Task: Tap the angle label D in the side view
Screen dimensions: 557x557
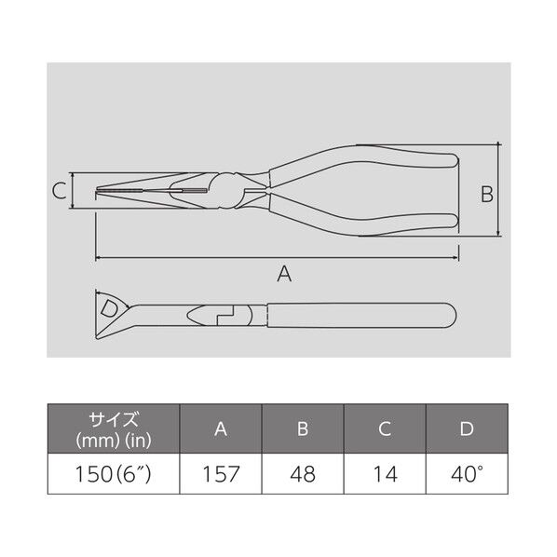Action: coord(109,308)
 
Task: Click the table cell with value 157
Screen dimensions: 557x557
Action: coord(221,474)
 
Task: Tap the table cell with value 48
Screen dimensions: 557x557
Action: coord(304,474)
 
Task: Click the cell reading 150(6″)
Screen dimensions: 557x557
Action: coord(113,474)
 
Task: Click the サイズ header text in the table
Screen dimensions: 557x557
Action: coord(113,419)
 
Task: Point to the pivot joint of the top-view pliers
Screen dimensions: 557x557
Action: coord(227,192)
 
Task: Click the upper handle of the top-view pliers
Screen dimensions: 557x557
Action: coord(373,159)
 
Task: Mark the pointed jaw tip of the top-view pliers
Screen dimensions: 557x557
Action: coord(99,193)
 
